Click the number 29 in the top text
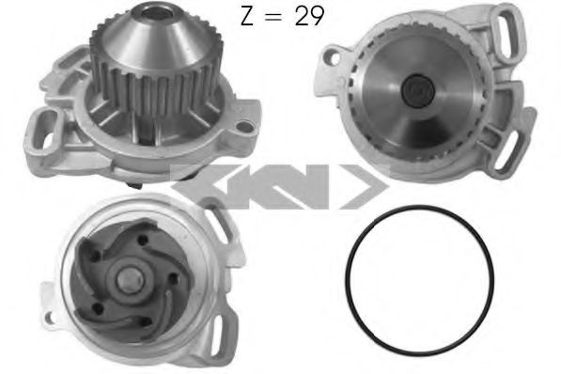pyautogui.click(x=309, y=16)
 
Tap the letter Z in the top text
pyautogui.click(x=247, y=16)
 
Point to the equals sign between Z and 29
pyautogui.click(x=274, y=17)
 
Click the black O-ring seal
pyautogui.click(x=347, y=283)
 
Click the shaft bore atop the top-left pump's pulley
pyautogui.click(x=153, y=13)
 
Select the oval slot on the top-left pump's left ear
pyautogui.click(x=47, y=130)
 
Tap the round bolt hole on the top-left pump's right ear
pyautogui.click(x=244, y=126)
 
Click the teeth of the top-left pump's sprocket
pyautogui.click(x=156, y=86)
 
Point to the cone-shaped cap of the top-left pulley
pyautogui.click(x=154, y=39)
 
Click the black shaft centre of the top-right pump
pyautogui.click(x=418, y=90)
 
